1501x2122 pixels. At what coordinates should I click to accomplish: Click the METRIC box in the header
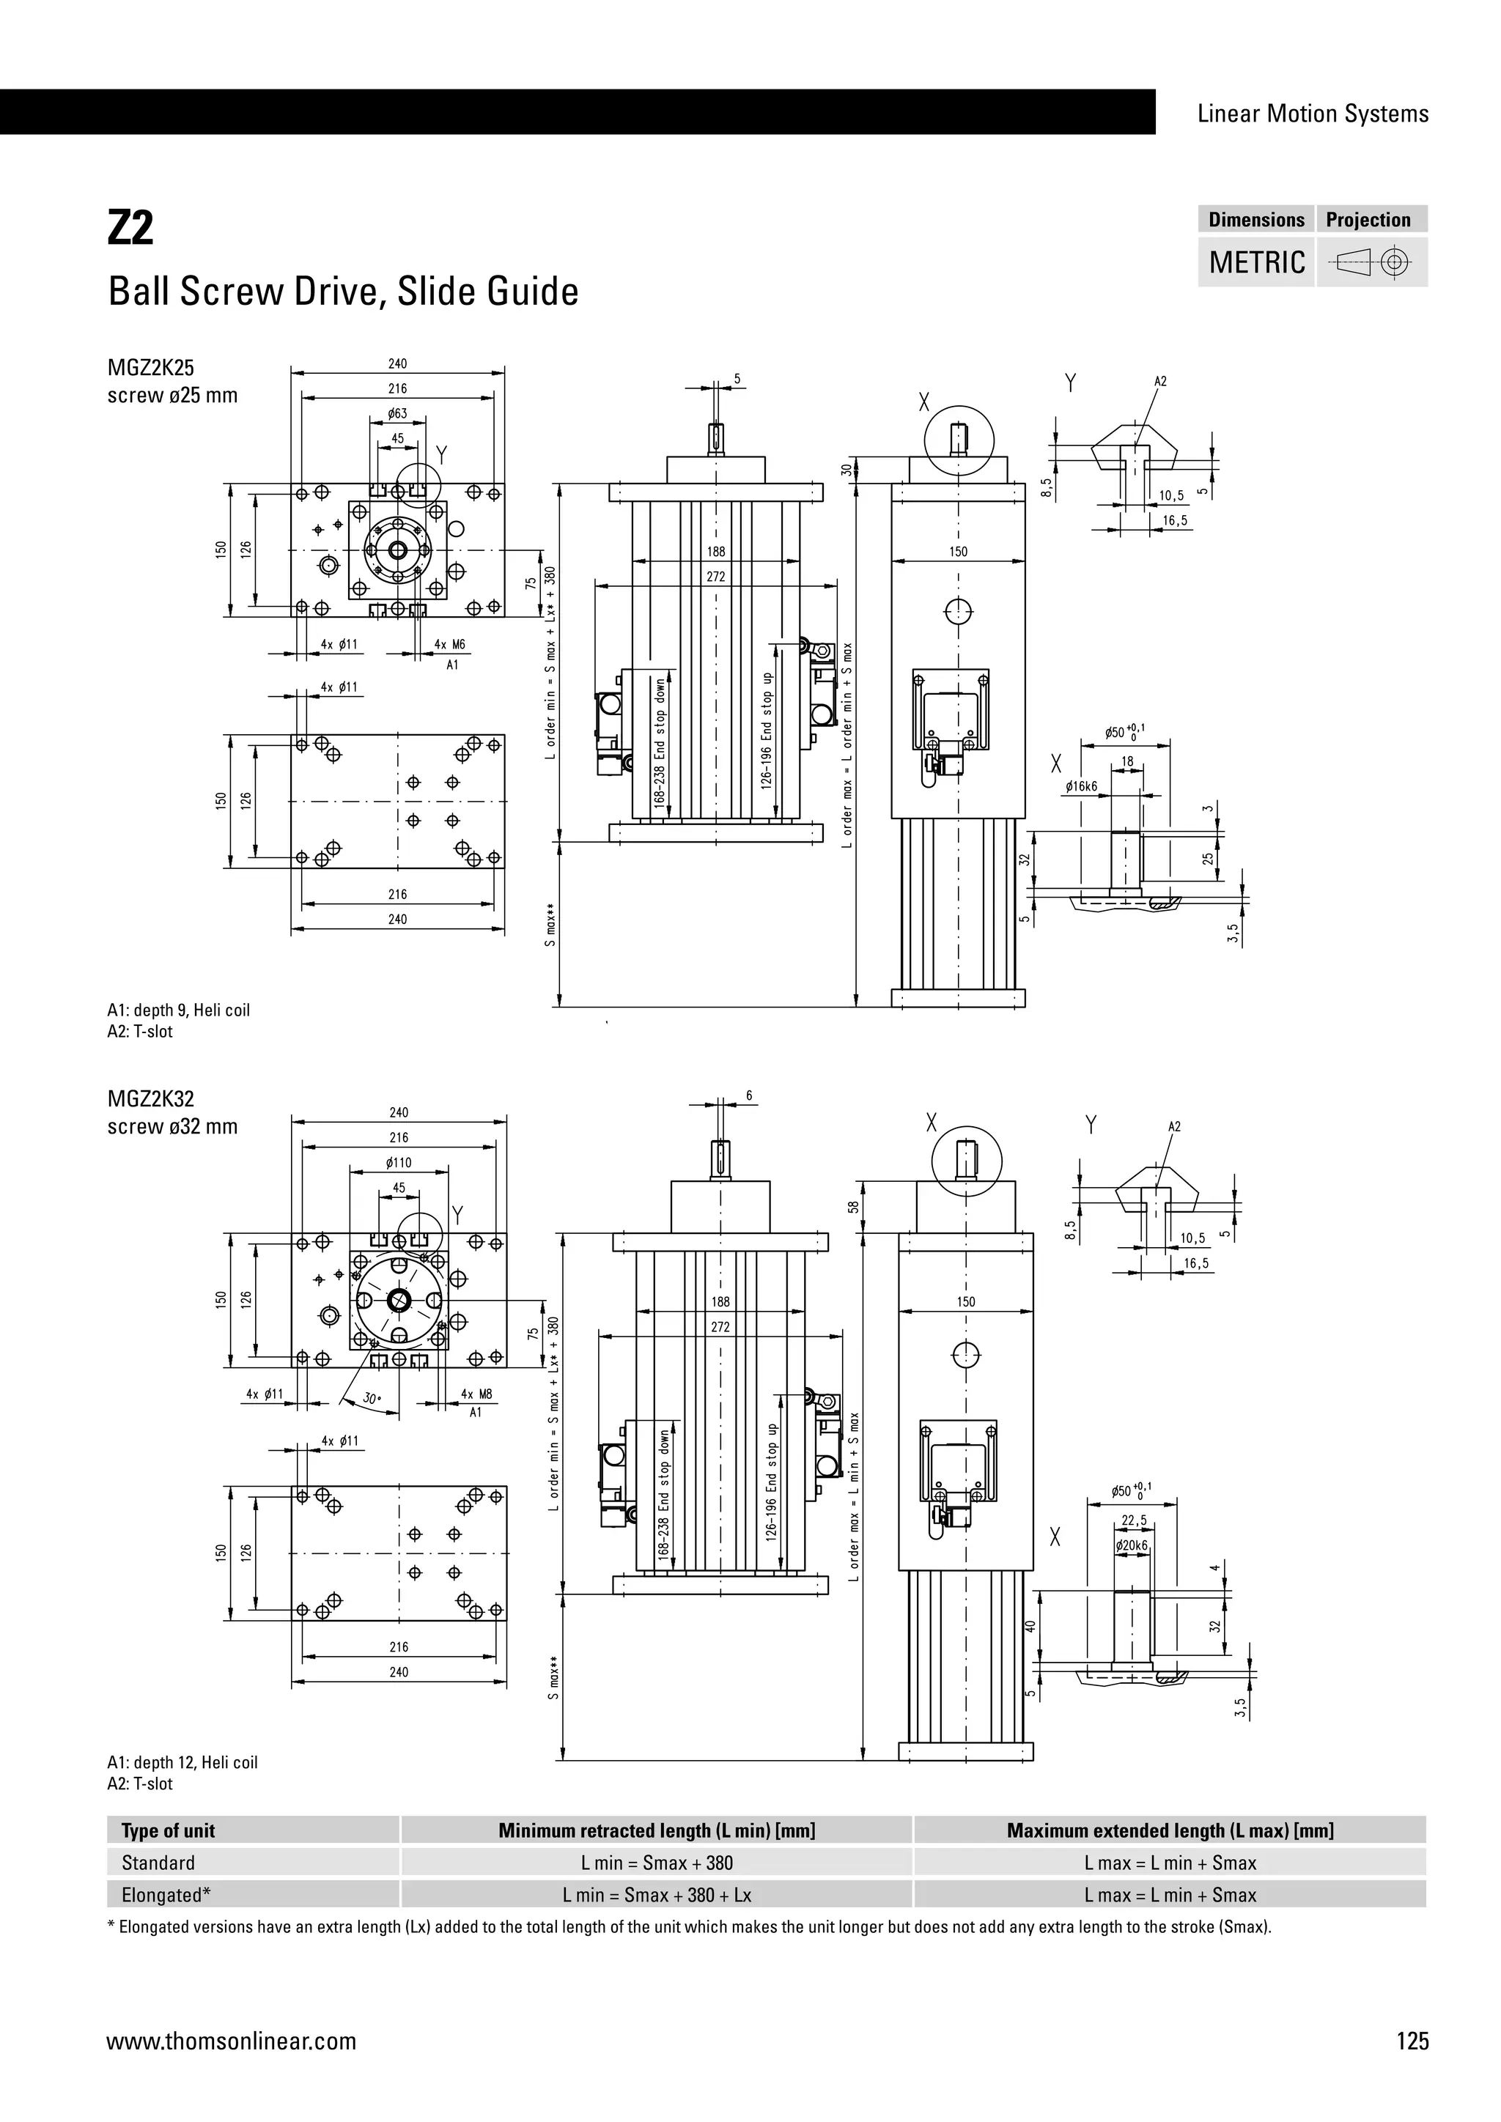(x=1256, y=262)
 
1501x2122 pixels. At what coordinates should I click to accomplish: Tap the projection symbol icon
(x=1371, y=263)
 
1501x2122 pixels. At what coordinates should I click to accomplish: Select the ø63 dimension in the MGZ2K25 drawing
(x=397, y=413)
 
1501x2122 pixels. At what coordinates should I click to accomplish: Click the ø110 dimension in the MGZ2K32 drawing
(x=399, y=1163)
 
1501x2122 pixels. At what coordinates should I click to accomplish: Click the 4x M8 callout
(x=476, y=1394)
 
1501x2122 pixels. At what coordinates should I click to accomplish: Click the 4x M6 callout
(x=450, y=644)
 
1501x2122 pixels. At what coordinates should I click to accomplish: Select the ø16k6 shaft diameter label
(x=1080, y=786)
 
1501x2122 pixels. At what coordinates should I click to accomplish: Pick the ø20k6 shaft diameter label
(x=1132, y=1545)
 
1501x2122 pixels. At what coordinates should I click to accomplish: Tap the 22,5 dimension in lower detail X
(x=1134, y=1520)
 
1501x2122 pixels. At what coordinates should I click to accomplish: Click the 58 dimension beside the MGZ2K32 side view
(x=854, y=1206)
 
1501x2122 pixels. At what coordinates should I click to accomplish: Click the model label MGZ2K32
(x=151, y=1099)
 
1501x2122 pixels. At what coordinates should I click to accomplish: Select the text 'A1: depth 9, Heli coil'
(x=178, y=1010)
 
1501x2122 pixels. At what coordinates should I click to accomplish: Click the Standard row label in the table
(x=158, y=1863)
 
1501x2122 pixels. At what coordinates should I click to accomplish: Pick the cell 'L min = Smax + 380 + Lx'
(x=656, y=1895)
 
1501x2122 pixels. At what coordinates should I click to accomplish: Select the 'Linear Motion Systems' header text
(x=1313, y=114)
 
